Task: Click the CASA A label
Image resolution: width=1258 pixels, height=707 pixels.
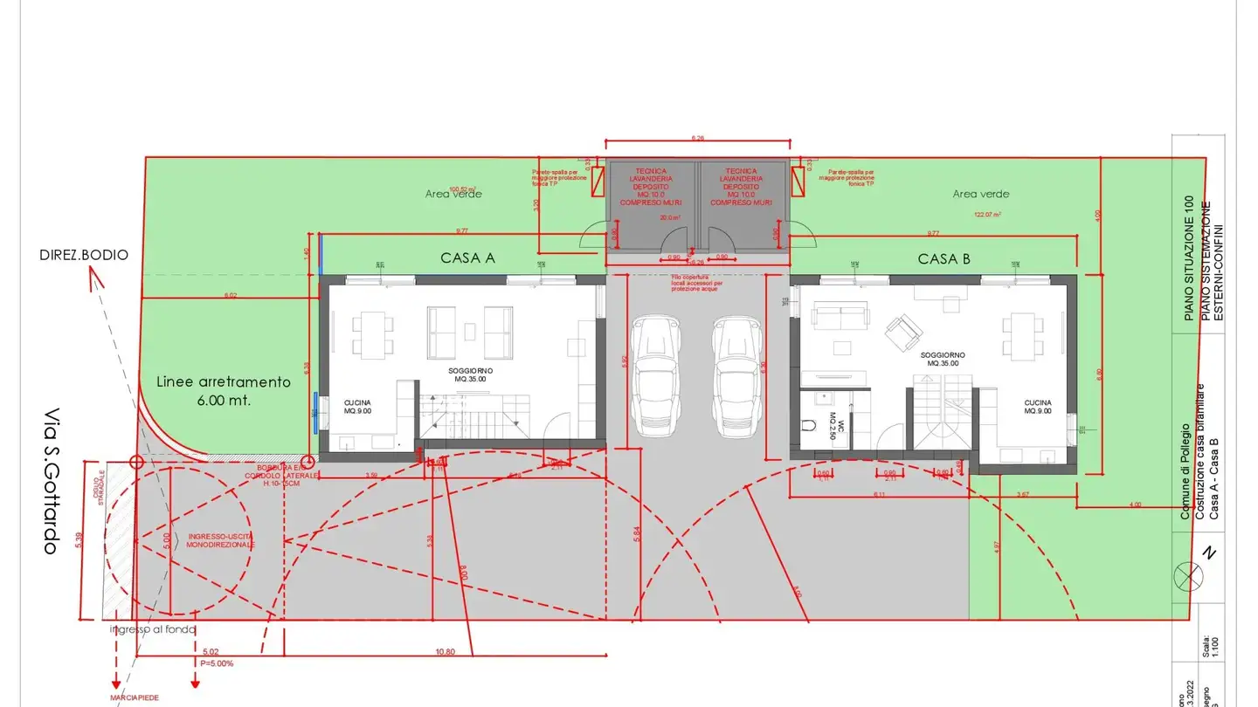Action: (x=467, y=257)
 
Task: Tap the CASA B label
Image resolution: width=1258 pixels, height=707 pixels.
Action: (x=944, y=258)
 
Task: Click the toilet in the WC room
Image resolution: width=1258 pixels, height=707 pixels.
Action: (x=810, y=427)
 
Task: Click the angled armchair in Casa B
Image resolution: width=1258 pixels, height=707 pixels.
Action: (x=902, y=330)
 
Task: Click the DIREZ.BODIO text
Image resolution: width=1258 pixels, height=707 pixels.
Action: (x=84, y=255)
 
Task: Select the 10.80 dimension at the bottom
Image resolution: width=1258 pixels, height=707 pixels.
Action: (x=445, y=652)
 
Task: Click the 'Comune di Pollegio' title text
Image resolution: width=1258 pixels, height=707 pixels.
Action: (x=1185, y=471)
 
